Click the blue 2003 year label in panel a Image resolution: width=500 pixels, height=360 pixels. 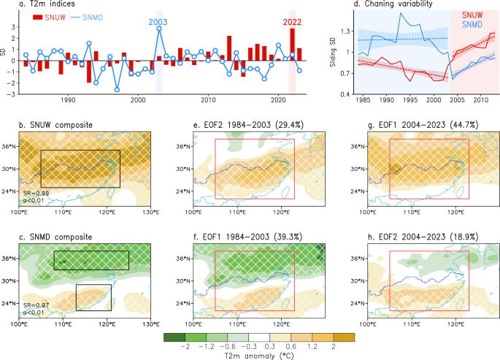158,22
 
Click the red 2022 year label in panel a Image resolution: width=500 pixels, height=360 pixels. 292,22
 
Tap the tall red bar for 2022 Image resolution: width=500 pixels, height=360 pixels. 292,45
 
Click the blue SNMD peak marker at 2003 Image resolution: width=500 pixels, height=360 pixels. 158,28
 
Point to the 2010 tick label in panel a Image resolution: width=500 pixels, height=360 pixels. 208,99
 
